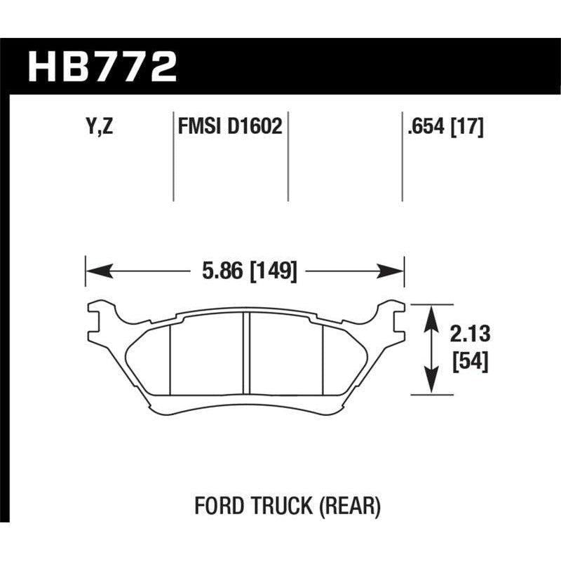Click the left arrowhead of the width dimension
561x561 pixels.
click(x=91, y=270)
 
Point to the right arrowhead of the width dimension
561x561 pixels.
click(x=398, y=270)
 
